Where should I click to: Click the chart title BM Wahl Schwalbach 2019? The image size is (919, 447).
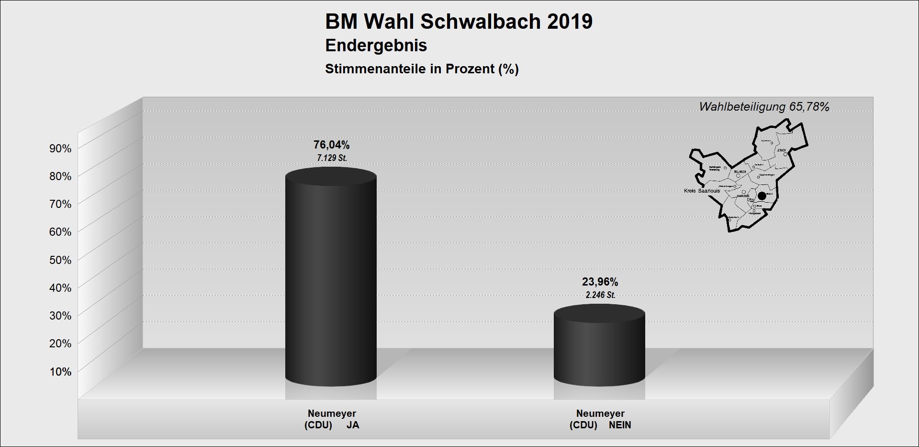[x=459, y=22]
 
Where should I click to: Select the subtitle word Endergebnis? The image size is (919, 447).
[x=376, y=46]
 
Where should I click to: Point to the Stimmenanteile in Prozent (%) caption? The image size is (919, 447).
[x=422, y=69]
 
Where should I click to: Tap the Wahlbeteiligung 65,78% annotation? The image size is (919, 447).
[x=764, y=107]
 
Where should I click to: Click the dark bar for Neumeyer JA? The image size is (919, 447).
[x=331, y=278]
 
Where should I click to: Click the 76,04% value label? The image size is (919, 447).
[x=331, y=145]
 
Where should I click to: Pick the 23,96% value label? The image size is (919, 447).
[x=600, y=282]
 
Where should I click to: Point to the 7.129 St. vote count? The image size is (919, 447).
[x=332, y=158]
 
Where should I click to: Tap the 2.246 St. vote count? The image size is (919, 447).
[x=600, y=295]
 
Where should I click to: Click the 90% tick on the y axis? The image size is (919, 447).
[x=60, y=149]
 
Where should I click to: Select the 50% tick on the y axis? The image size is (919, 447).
[x=60, y=260]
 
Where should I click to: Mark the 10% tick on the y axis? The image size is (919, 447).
[x=60, y=372]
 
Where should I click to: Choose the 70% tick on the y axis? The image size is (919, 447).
[x=60, y=204]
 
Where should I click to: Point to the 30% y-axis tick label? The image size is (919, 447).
[x=60, y=316]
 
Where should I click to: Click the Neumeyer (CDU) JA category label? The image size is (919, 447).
[x=332, y=419]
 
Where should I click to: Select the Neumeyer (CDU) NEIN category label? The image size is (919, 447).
[x=600, y=419]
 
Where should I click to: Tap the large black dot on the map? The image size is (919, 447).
[x=762, y=196]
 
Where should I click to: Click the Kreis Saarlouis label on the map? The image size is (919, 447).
[x=702, y=191]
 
